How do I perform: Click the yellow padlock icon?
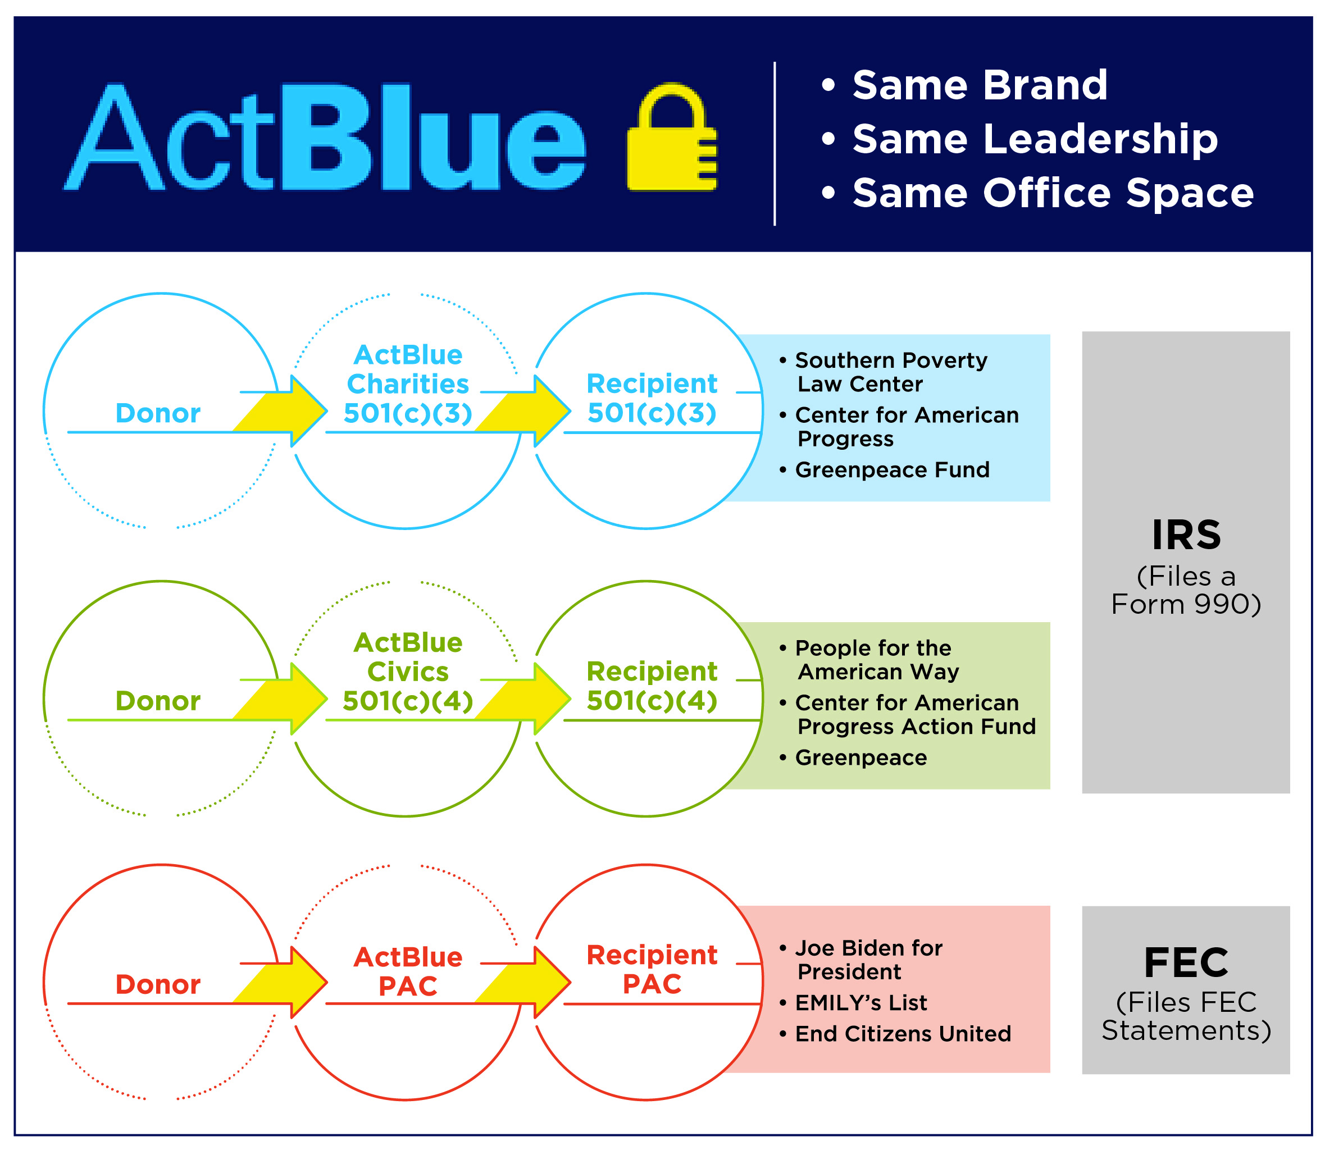(x=672, y=137)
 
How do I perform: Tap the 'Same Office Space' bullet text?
(x=1053, y=193)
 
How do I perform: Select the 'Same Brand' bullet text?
(x=980, y=85)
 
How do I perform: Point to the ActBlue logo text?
(x=325, y=137)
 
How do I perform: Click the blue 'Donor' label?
(x=158, y=413)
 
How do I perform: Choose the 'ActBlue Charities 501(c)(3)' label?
(x=408, y=384)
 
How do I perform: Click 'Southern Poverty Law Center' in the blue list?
(x=891, y=372)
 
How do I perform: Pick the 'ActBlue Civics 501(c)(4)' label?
(x=408, y=672)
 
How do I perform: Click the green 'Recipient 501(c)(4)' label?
(x=652, y=686)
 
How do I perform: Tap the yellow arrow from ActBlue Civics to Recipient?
(x=523, y=699)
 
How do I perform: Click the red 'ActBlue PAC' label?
(x=408, y=972)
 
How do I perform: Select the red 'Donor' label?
(x=158, y=985)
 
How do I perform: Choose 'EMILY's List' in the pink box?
(x=861, y=1003)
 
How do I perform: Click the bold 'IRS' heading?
(x=1186, y=535)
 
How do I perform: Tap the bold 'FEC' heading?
(x=1186, y=962)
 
